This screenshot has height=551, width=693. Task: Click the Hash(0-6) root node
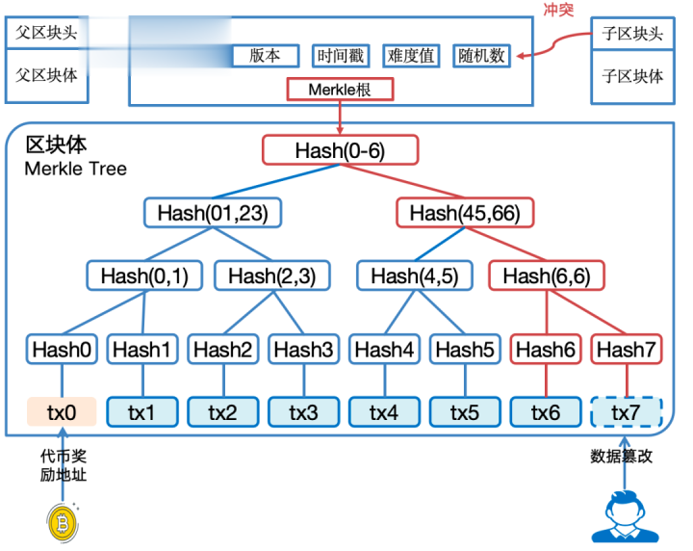[x=341, y=150]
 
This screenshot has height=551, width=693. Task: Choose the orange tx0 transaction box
[x=62, y=412]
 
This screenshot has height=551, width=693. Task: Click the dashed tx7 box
[x=626, y=412]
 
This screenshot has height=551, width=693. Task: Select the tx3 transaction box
[x=303, y=412]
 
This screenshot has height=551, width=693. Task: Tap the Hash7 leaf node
[x=626, y=351]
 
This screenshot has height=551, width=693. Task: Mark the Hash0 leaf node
[x=62, y=351]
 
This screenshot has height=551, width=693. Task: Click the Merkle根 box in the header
[x=341, y=91]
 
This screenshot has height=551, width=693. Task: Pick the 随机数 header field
[x=482, y=56]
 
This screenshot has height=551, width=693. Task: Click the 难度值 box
[x=412, y=56]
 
